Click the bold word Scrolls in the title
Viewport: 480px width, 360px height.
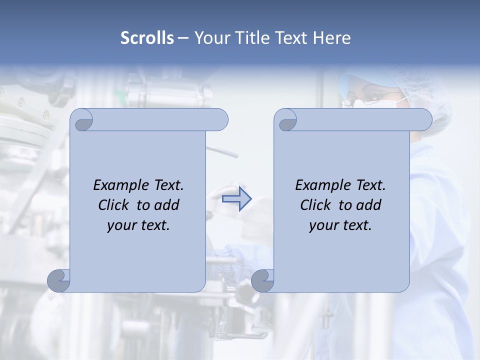147,38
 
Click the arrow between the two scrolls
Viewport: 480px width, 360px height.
237,199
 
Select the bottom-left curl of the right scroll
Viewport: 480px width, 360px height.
262,280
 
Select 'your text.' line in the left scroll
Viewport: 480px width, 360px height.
138,225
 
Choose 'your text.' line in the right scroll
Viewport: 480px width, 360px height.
340,225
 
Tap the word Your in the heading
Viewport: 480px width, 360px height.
210,38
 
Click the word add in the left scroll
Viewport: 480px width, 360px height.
166,205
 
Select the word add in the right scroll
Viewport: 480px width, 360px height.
368,205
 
